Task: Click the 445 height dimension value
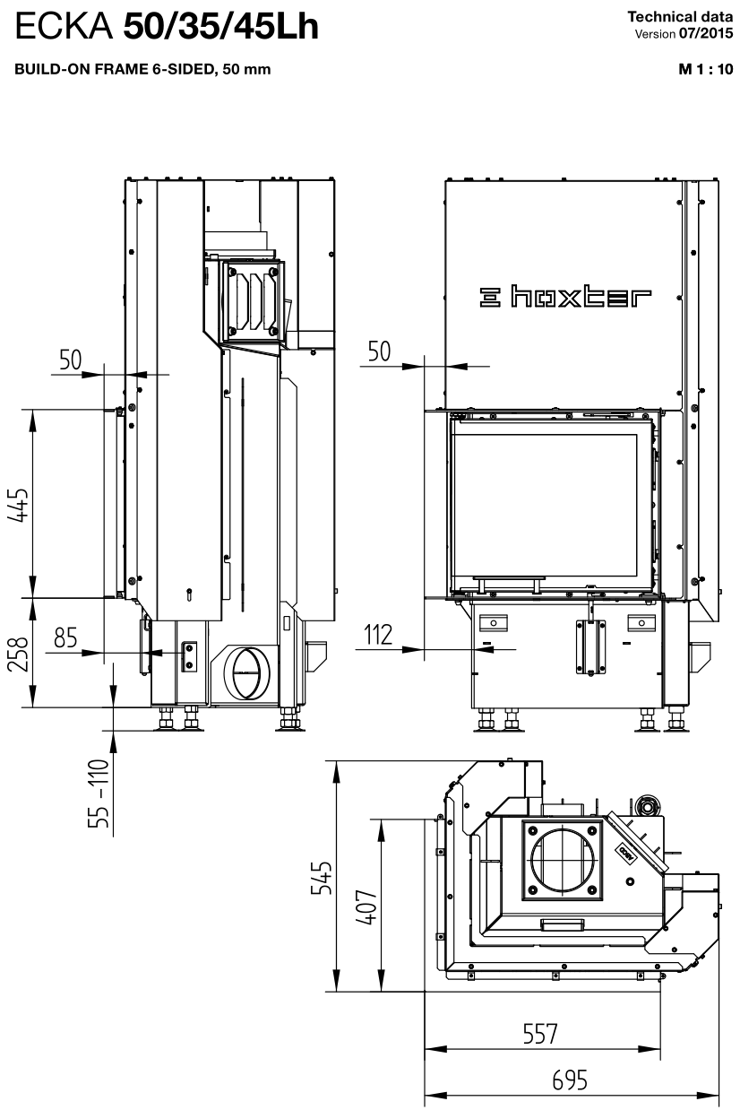(x=18, y=505)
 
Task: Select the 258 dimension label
(x=18, y=655)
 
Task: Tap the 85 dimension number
(x=65, y=637)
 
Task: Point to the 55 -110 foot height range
(x=99, y=793)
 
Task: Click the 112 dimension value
(x=378, y=635)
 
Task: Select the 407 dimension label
(x=366, y=906)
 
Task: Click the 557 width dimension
(x=540, y=1034)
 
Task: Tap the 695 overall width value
(x=570, y=1080)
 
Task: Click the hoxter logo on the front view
(x=565, y=297)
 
